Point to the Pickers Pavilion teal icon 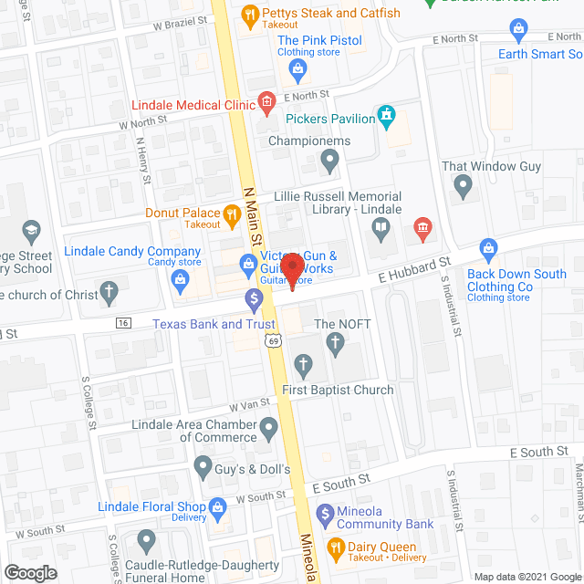(387, 116)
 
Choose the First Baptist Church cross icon (304, 367)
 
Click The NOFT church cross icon (334, 344)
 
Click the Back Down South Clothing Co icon (488, 248)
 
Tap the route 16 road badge (122, 322)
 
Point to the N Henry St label (144, 161)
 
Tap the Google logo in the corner (30, 573)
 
